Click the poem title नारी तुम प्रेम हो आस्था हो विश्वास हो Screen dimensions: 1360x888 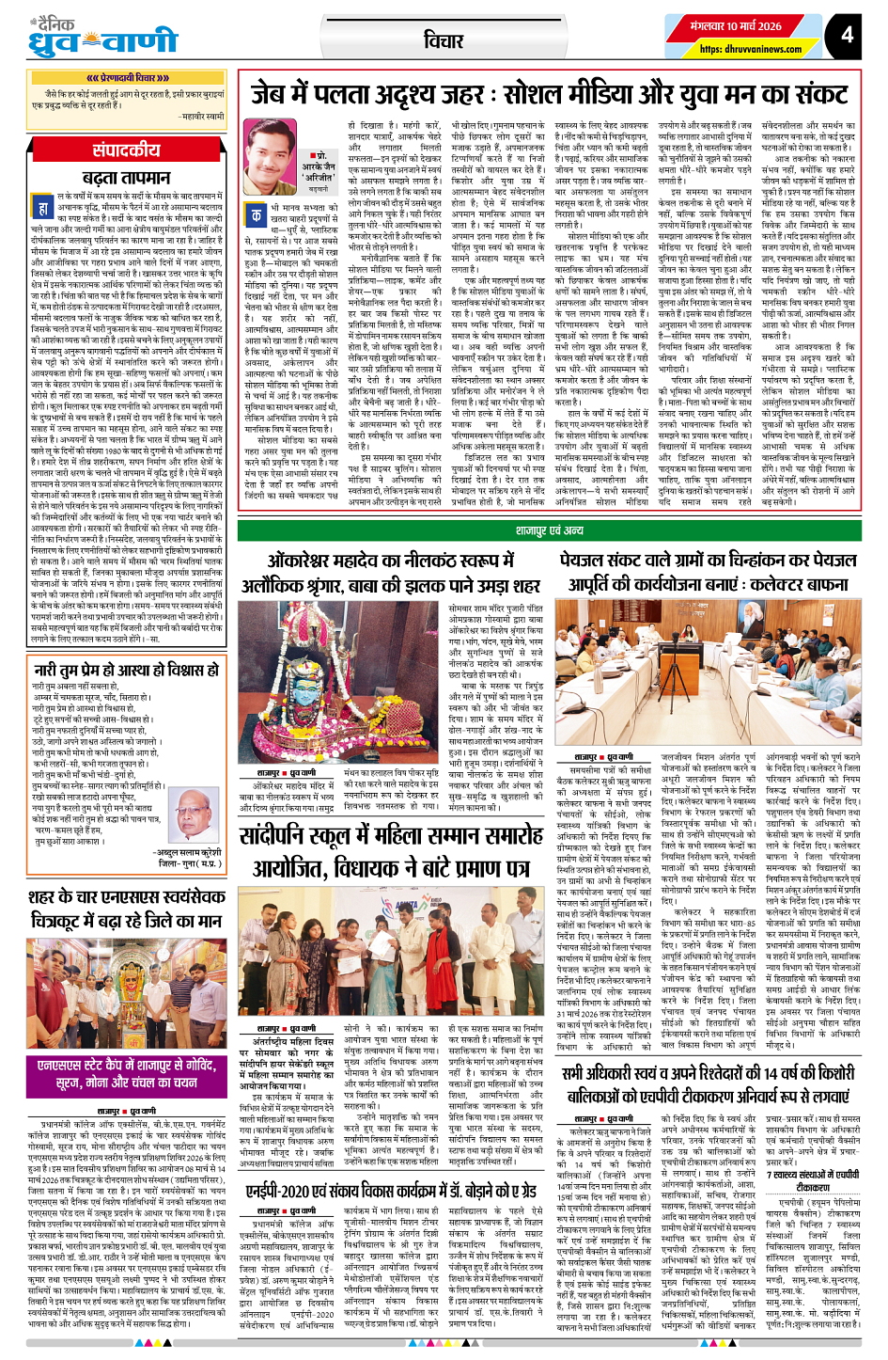[x=126, y=671]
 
